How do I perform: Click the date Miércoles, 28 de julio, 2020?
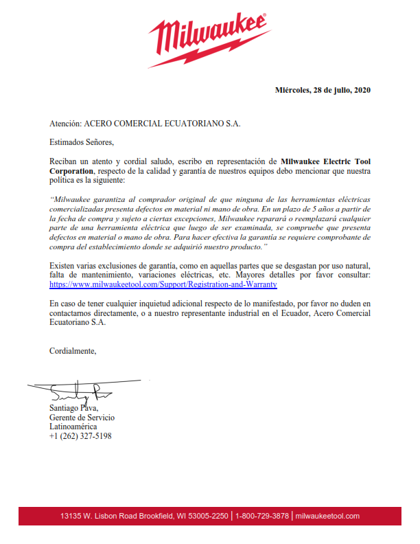tap(323, 90)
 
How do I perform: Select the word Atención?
tap(65, 124)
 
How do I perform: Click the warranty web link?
tap(163, 283)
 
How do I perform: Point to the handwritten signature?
tap(75, 392)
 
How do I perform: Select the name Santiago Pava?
tap(74, 408)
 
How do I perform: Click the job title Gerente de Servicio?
tap(82, 418)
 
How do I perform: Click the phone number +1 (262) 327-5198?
tap(80, 436)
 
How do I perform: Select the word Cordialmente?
tap(73, 351)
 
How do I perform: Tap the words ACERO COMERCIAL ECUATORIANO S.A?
tap(162, 124)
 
